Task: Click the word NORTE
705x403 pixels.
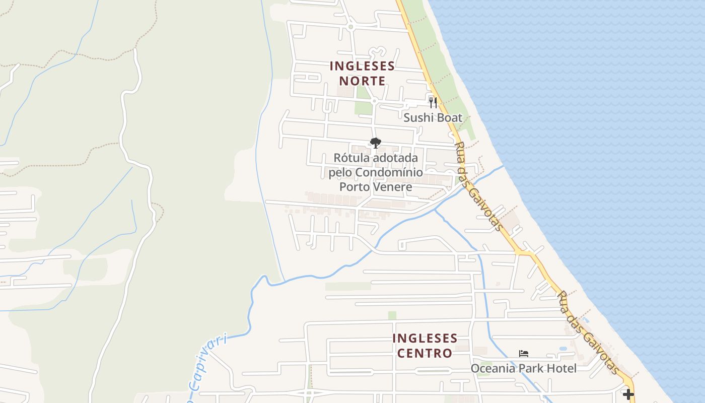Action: click(x=362, y=81)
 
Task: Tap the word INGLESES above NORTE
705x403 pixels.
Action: click(x=362, y=66)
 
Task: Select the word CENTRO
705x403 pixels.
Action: click(x=425, y=353)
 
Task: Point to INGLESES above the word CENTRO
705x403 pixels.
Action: click(x=425, y=338)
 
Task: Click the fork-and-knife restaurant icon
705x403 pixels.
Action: click(x=433, y=102)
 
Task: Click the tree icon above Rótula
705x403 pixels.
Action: click(x=375, y=143)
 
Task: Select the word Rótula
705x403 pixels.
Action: click(x=350, y=158)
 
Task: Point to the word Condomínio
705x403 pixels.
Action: click(x=388, y=173)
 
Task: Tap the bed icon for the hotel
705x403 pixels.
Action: click(x=524, y=354)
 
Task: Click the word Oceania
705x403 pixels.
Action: click(x=493, y=369)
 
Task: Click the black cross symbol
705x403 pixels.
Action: click(x=628, y=394)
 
